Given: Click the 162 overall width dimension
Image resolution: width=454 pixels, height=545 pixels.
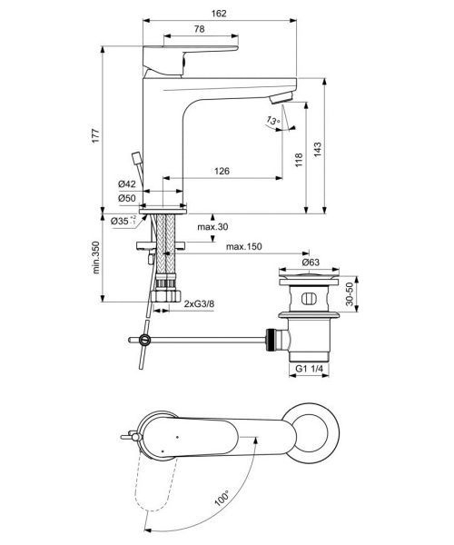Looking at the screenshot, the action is click(x=219, y=14).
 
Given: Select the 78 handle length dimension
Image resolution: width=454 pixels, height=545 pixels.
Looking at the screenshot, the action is click(x=200, y=29).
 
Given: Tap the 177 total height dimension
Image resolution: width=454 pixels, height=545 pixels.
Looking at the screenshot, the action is click(x=96, y=135).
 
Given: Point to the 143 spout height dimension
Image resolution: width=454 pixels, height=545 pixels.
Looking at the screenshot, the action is click(x=318, y=149).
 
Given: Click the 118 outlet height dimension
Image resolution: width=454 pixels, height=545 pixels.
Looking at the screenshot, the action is click(x=299, y=160).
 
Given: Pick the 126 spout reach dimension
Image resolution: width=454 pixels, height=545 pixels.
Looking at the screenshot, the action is click(x=222, y=171).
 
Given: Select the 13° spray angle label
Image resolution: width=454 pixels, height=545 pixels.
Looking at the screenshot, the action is click(x=273, y=120).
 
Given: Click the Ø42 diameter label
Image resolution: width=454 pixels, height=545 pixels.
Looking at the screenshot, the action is click(x=126, y=183).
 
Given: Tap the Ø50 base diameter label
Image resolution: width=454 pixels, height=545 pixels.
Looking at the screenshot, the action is click(x=126, y=198).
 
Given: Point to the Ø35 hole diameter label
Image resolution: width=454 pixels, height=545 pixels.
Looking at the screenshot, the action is click(x=123, y=221).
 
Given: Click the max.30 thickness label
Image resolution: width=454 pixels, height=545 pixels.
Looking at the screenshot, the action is click(x=212, y=227).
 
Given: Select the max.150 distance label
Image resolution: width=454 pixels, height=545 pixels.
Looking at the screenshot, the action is click(x=244, y=247).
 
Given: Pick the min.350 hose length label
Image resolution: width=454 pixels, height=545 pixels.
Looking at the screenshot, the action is click(x=96, y=257).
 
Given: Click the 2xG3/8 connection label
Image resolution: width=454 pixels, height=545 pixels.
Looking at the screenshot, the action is click(x=199, y=303).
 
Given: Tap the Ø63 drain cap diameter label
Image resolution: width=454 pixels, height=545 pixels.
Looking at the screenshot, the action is click(x=311, y=262).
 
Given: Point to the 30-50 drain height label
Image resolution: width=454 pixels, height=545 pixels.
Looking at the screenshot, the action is click(x=350, y=294).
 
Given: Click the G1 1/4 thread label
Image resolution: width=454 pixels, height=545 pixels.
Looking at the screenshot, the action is click(x=309, y=369).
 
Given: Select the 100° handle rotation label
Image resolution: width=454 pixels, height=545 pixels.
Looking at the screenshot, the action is click(x=222, y=499).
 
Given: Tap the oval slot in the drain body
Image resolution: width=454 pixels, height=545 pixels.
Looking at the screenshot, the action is click(x=308, y=299).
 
